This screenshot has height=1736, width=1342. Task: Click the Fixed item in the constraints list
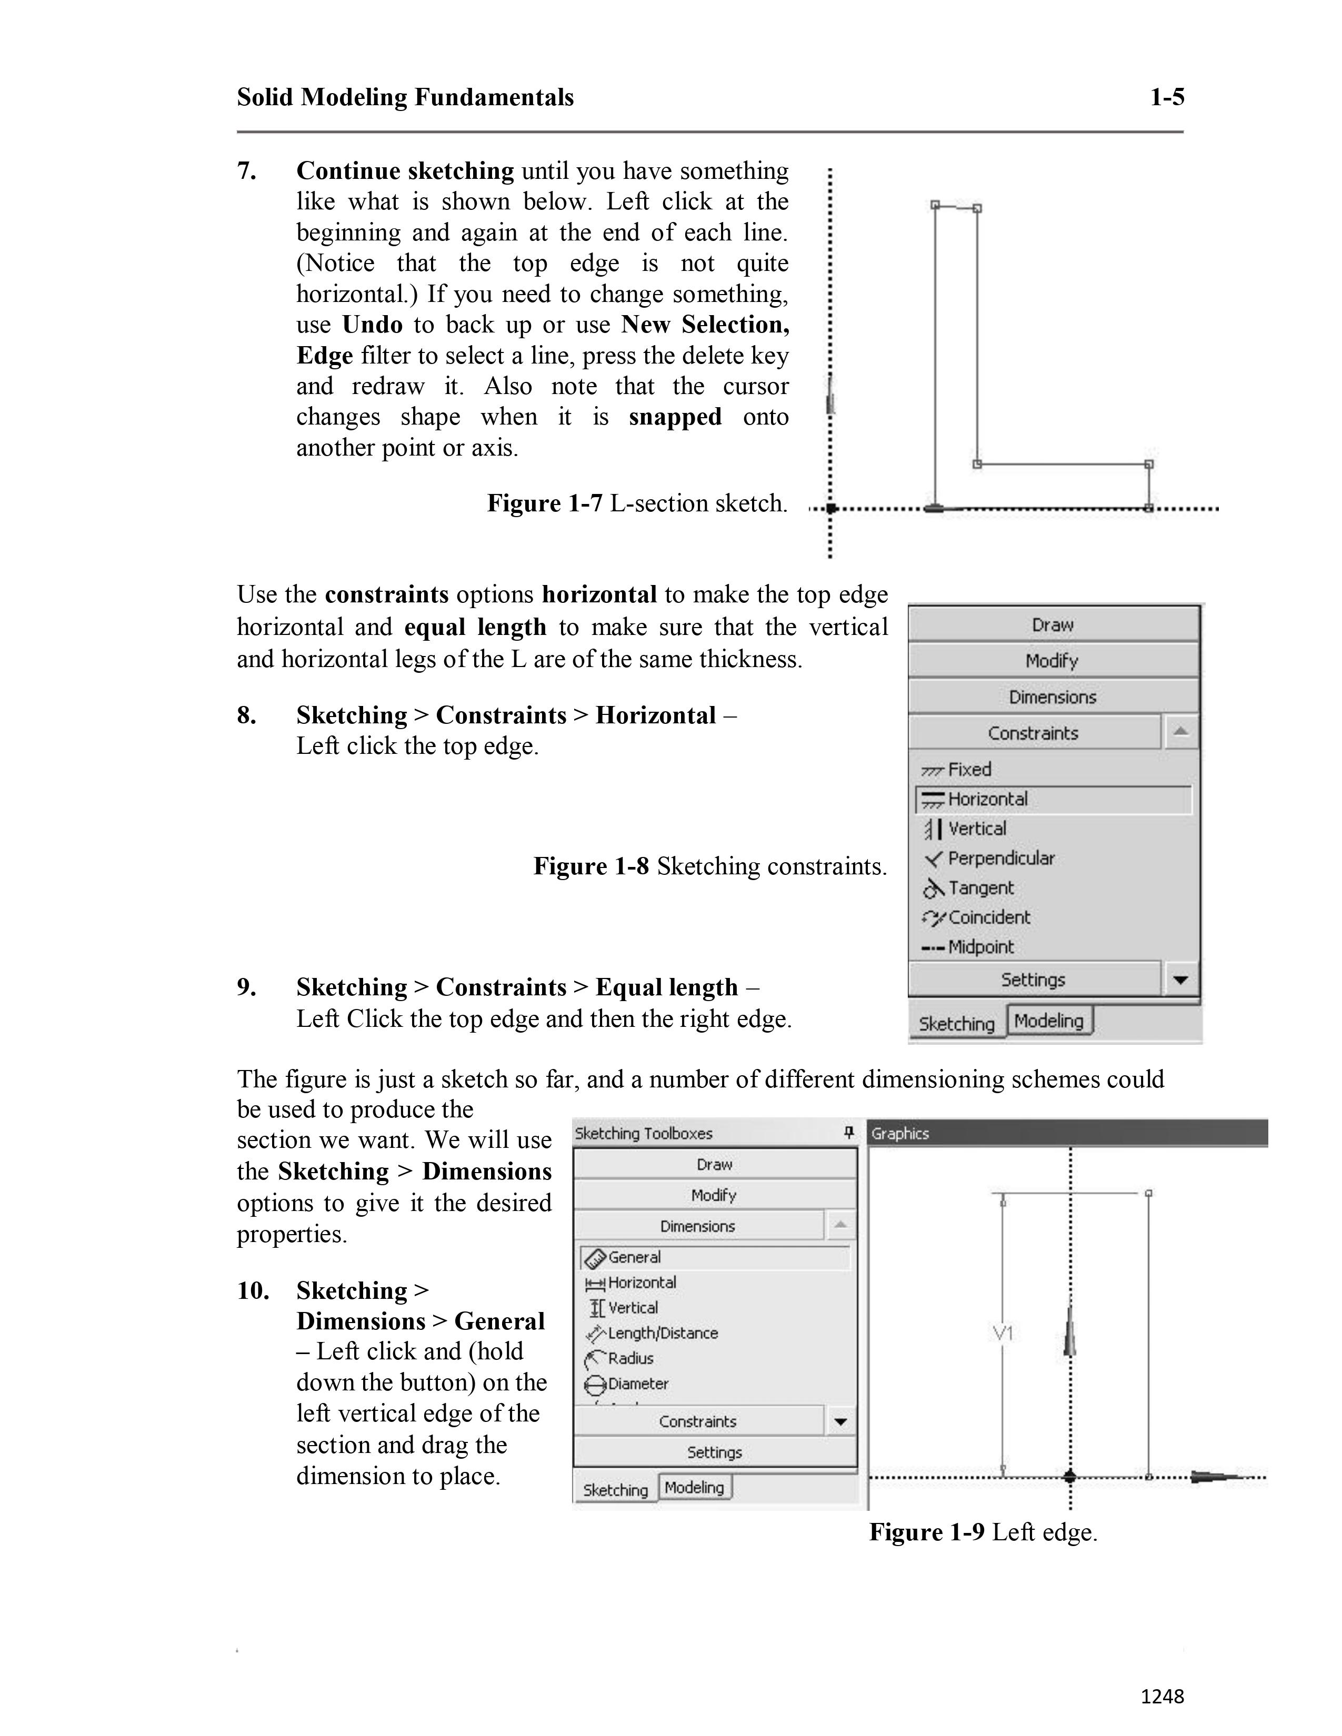(x=968, y=770)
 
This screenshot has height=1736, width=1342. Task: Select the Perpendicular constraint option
(x=1000, y=859)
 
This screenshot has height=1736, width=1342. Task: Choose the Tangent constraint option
(x=980, y=888)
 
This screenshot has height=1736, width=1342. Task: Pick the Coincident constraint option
(x=988, y=917)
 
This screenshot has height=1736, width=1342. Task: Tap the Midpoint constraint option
(x=980, y=947)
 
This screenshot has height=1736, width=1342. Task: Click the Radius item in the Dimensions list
(x=629, y=1358)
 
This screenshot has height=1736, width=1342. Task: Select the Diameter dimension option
(x=638, y=1384)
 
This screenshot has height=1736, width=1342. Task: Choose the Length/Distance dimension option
(x=662, y=1333)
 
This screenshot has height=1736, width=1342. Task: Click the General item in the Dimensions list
(x=634, y=1257)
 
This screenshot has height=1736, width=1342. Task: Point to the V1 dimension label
(x=1003, y=1333)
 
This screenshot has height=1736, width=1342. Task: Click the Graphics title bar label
(x=900, y=1134)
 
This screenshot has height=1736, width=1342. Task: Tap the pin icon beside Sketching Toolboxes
(x=848, y=1133)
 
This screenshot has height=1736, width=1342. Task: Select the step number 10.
(x=253, y=1290)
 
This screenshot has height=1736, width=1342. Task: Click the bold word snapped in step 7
(x=675, y=417)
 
